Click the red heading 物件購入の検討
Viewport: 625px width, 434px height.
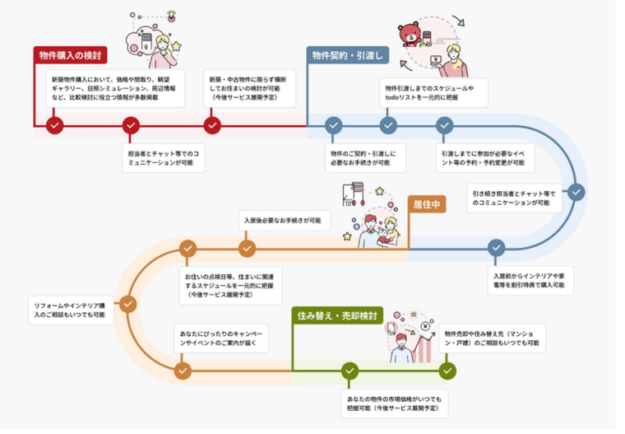pyautogui.click(x=71, y=55)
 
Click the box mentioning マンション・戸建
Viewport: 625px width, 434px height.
pyautogui.click(x=490, y=337)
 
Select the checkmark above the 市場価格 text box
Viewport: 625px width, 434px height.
pyautogui.click(x=349, y=371)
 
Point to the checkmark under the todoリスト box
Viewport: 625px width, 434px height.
pyautogui.click(x=389, y=125)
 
